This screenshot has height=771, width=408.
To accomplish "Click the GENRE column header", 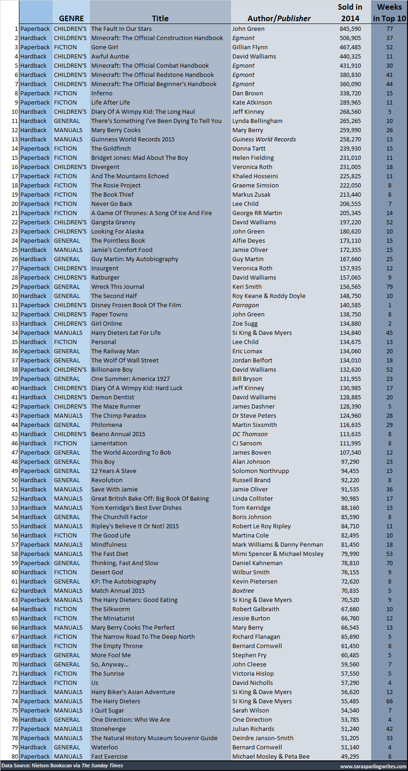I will (x=71, y=18).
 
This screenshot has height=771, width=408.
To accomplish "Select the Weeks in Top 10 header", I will (x=389, y=13).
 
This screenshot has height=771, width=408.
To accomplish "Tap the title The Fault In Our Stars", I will (x=121, y=29).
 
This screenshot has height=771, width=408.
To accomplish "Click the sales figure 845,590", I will (x=350, y=29).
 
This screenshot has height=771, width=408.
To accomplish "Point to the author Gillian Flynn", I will (x=250, y=47).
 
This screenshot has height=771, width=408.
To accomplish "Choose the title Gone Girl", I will (x=105, y=47).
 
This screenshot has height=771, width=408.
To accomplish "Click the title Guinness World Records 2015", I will (x=133, y=139).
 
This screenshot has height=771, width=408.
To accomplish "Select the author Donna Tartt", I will (x=249, y=148).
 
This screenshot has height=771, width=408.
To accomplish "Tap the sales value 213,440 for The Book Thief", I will (x=350, y=194).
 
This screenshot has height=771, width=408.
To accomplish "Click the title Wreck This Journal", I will (x=118, y=286).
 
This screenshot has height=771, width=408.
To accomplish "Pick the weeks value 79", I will (x=390, y=286).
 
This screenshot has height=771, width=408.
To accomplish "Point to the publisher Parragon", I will (x=246, y=305).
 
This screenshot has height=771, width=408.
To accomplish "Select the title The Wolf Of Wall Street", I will (x=125, y=360).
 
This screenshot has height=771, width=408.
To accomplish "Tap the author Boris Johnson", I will (x=252, y=517).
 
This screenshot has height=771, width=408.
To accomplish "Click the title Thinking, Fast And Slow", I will (x=125, y=563).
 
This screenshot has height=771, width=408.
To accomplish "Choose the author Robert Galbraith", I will (x=256, y=609).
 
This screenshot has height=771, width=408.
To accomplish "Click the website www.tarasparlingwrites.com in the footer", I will (x=373, y=766).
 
